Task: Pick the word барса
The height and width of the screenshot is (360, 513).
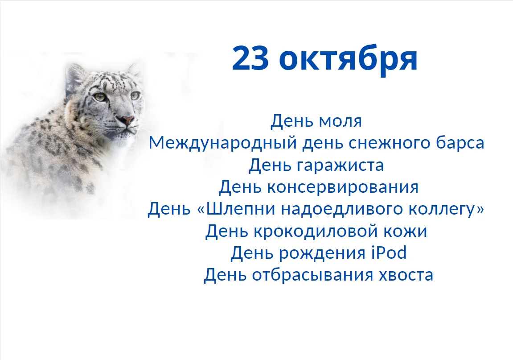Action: coord(459,143)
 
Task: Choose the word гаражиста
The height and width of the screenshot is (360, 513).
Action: coord(340,165)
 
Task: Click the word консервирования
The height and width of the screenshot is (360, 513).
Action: coord(343,187)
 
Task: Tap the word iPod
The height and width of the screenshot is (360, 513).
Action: coord(389,253)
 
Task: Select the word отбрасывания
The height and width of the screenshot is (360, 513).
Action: coord(313,275)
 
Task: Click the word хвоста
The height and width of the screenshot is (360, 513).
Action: coord(406,275)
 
